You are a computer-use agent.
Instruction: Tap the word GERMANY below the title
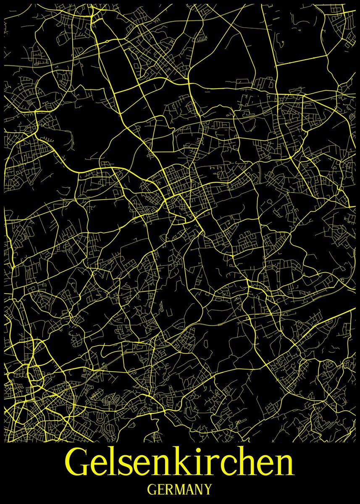[180, 490]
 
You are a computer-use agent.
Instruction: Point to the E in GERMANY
[162, 490]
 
